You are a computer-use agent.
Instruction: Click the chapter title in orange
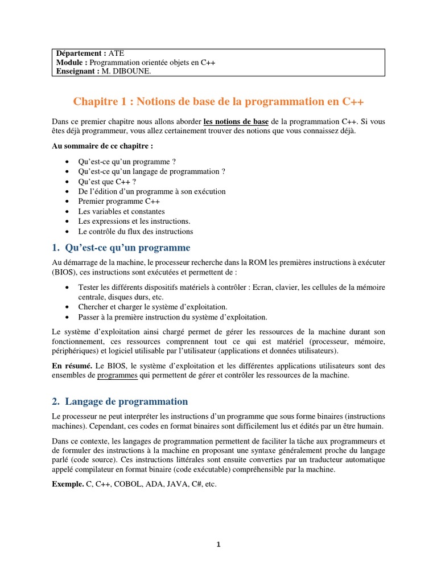tap(218, 102)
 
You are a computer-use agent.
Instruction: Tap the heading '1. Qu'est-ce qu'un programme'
tap(121, 248)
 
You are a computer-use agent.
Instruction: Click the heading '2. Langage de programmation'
tap(119, 402)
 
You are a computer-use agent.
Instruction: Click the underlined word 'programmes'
tap(117, 376)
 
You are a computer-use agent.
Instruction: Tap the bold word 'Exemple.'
tap(67, 485)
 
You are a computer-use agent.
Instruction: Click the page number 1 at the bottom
tap(218, 545)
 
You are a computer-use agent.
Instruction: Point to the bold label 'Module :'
tap(71, 62)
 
